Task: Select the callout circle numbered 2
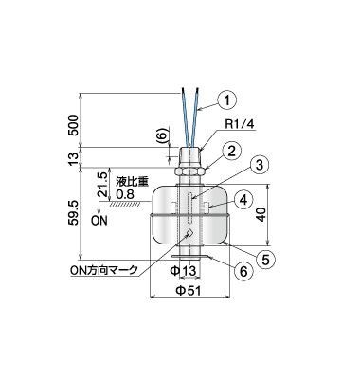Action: (232, 152)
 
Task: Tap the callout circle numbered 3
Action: (260, 165)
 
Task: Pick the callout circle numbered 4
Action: (243, 200)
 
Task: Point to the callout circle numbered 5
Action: (265, 260)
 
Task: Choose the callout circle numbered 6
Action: (244, 271)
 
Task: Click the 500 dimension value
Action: (73, 125)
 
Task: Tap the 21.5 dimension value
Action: (103, 184)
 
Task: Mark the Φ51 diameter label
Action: (188, 291)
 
